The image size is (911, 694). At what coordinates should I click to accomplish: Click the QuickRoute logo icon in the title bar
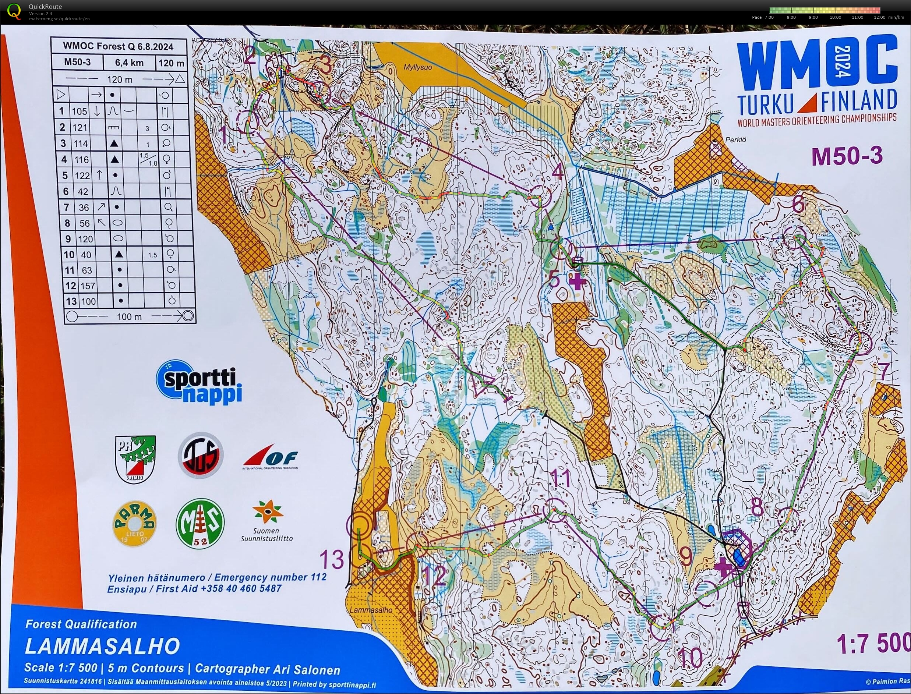click(14, 11)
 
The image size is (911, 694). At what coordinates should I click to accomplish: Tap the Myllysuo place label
click(418, 67)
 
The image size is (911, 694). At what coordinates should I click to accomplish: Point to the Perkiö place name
click(736, 139)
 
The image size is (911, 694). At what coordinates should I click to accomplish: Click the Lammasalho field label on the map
click(370, 610)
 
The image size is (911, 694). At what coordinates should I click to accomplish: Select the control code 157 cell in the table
click(88, 286)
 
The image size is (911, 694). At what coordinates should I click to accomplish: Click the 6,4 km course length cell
click(129, 63)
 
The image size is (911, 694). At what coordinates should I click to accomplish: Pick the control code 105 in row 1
click(80, 111)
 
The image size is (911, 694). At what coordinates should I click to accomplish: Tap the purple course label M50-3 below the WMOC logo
click(847, 156)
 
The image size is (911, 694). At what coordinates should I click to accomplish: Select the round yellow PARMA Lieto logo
click(134, 524)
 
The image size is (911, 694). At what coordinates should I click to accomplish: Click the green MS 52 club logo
click(200, 523)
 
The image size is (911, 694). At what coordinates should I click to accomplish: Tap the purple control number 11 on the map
click(561, 479)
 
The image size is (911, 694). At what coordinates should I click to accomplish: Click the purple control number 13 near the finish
click(331, 560)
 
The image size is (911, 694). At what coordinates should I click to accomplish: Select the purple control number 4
click(557, 171)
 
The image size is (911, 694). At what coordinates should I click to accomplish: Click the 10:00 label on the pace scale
click(835, 17)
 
